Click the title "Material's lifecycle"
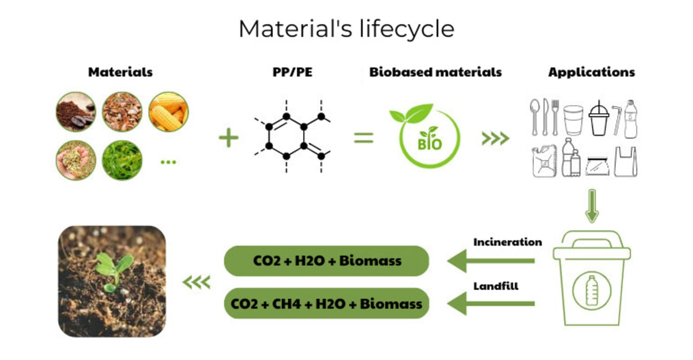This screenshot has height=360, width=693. pos(346,29)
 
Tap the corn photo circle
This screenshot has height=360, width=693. pos(168,112)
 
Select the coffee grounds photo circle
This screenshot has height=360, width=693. pos(76,112)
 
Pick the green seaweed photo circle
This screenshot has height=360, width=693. pos(122,160)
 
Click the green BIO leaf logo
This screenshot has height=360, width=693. pos(426,136)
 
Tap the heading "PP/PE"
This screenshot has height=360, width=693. pos(293,72)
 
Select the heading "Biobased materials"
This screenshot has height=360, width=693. pos(435,72)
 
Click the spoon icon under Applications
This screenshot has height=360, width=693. pos(534,116)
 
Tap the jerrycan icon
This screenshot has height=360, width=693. pos(543,162)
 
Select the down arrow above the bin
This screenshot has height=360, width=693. pos(592,206)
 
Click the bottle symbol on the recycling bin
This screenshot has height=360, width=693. pos(591,291)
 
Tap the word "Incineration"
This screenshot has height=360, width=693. pos(507,242)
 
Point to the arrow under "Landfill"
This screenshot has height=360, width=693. pos(491,303)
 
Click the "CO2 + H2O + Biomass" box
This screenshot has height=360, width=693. pos(326,261)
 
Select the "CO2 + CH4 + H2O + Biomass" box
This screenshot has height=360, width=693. pos(326,303)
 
